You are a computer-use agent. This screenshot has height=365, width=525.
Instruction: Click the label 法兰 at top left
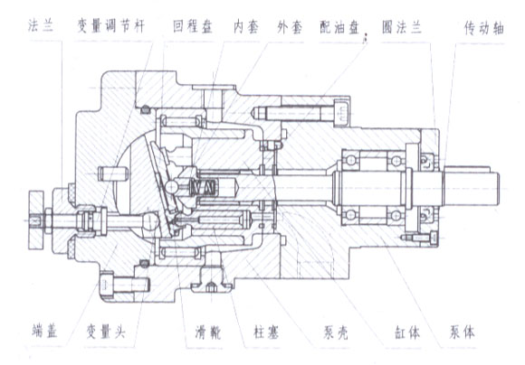(x=41, y=26)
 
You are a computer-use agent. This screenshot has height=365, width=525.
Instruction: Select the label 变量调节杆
(x=111, y=26)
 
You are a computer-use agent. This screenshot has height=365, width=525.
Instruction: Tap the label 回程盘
(x=193, y=26)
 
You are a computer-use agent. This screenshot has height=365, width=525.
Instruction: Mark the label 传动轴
(x=484, y=28)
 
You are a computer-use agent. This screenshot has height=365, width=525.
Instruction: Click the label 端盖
(x=45, y=331)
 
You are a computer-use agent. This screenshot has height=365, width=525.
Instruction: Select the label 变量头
(x=106, y=332)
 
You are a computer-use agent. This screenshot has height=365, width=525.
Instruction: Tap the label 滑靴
(x=208, y=332)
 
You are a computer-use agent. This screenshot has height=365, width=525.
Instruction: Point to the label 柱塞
(x=266, y=332)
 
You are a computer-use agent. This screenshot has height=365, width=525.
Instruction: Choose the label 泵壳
(x=336, y=332)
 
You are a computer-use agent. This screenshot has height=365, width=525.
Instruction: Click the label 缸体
(x=407, y=332)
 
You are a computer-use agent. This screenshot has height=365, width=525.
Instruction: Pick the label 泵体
(x=462, y=332)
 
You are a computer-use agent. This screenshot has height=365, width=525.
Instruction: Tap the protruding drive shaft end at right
(x=472, y=188)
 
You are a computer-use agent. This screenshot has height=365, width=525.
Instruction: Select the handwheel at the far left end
(x=36, y=220)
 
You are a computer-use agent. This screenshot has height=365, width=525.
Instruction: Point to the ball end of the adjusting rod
(x=151, y=222)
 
